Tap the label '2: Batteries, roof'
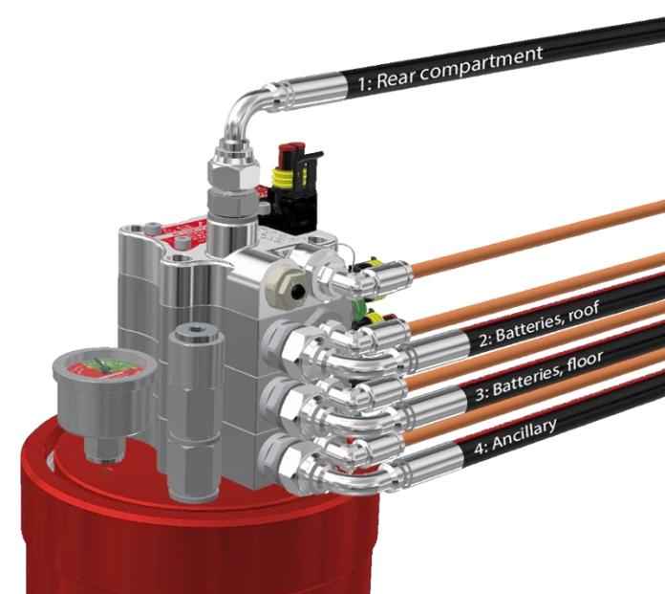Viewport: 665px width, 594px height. pos(539,323)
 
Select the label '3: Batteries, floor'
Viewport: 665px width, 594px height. pos(539,376)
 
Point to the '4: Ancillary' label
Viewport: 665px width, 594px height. pos(514,437)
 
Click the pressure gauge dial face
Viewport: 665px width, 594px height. pos(105,366)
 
